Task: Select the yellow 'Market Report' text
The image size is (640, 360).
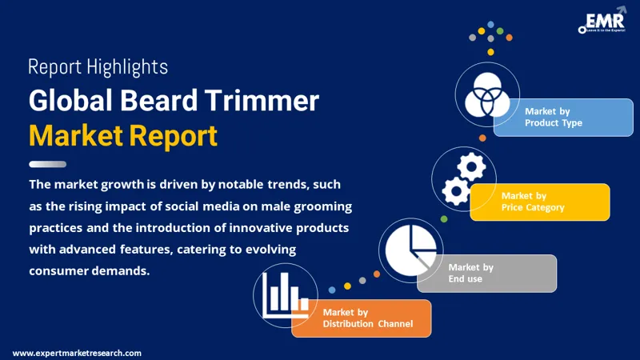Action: (x=122, y=135)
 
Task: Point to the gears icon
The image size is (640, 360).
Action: (x=463, y=178)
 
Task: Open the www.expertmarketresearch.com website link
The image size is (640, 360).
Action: (x=77, y=353)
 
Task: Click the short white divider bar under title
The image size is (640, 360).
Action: (x=47, y=164)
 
